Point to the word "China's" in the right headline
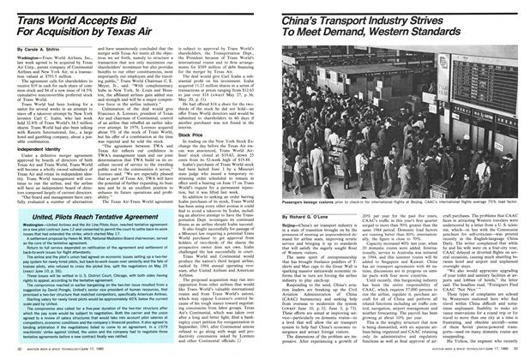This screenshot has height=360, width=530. click(301, 10)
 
